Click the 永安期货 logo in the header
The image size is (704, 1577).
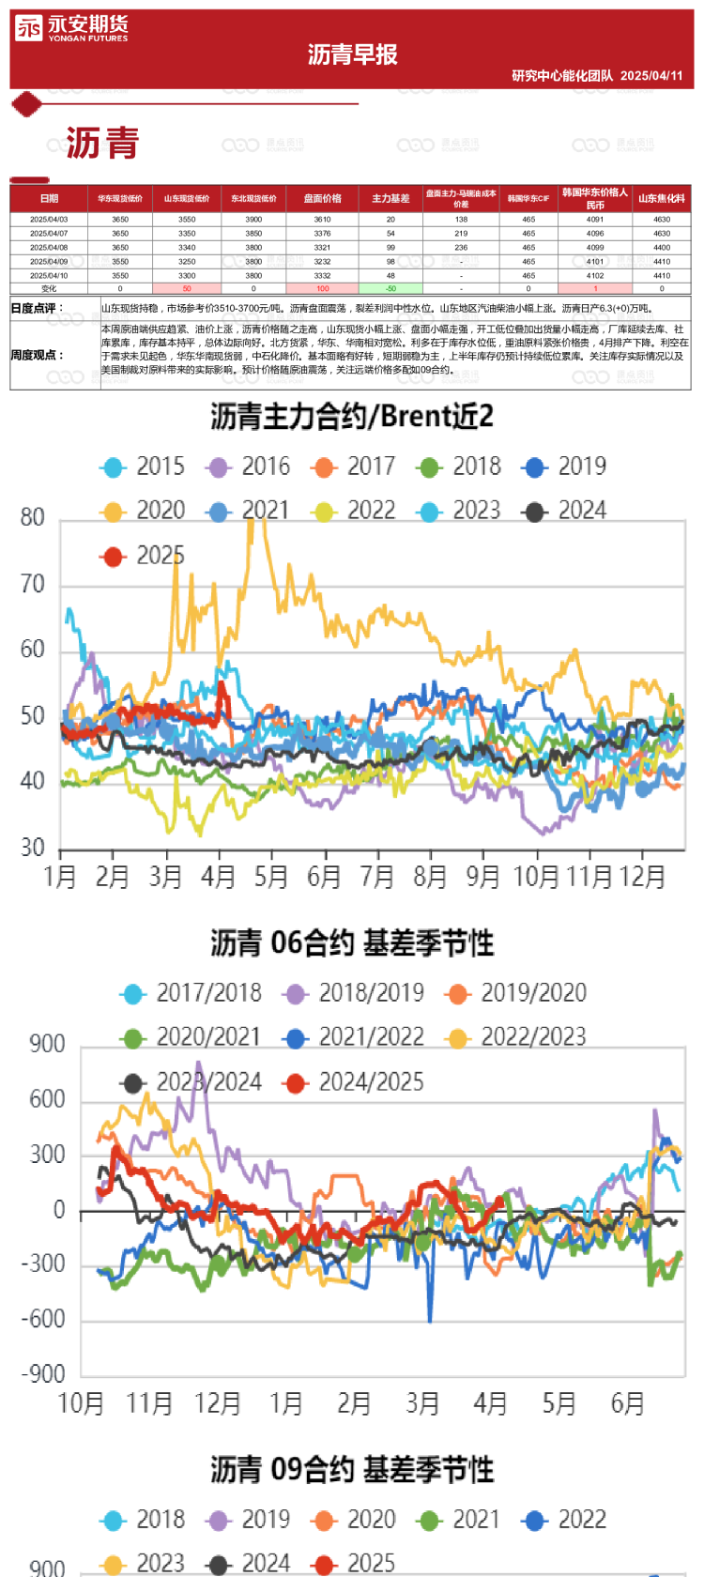pyautogui.click(x=71, y=29)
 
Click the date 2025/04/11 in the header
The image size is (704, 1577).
pyautogui.click(x=651, y=76)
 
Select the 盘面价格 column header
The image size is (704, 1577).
pyautogui.click(x=322, y=199)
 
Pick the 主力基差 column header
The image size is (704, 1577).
pyautogui.click(x=390, y=199)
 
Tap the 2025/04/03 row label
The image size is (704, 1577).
pyautogui.click(x=49, y=220)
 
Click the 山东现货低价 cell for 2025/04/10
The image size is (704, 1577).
pyautogui.click(x=187, y=276)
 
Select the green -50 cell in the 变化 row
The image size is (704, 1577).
pyautogui.click(x=390, y=289)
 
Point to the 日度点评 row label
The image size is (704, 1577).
pyautogui.click(x=37, y=308)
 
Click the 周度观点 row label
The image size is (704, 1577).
pyautogui.click(x=37, y=356)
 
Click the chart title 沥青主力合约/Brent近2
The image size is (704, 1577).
pyautogui.click(x=352, y=417)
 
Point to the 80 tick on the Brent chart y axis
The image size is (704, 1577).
pyautogui.click(x=33, y=518)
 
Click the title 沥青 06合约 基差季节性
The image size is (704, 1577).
pyautogui.click(x=352, y=943)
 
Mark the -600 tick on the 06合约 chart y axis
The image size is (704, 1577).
pyautogui.click(x=44, y=1320)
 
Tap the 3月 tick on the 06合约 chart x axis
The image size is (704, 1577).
pyautogui.click(x=422, y=1404)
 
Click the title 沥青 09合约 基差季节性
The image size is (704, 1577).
pyautogui.click(x=352, y=1470)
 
